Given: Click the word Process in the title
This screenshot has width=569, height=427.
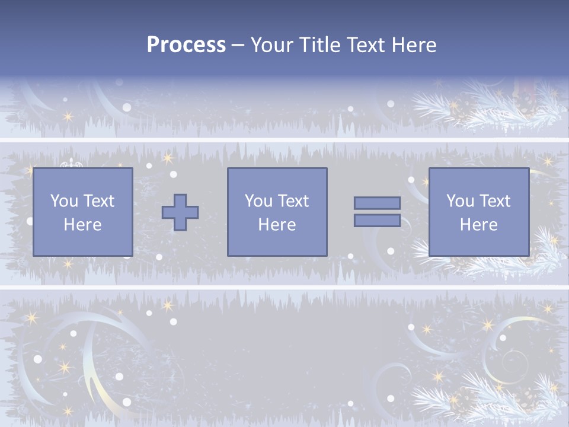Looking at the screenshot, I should pyautogui.click(x=186, y=44).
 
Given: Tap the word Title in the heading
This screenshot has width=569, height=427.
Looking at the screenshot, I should pyautogui.click(x=319, y=44).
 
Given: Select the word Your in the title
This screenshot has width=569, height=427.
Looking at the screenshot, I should pyautogui.click(x=272, y=44).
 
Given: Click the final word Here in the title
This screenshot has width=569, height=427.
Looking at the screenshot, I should pyautogui.click(x=414, y=44).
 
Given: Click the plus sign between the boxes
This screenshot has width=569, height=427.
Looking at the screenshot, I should pyautogui.click(x=180, y=212).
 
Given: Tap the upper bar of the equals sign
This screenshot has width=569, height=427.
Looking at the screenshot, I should pyautogui.click(x=377, y=203).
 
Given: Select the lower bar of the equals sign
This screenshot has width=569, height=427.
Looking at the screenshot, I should pyautogui.click(x=377, y=221).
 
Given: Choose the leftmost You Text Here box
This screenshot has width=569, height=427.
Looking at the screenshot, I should pyautogui.click(x=82, y=212).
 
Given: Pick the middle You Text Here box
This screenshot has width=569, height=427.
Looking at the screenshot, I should pyautogui.click(x=277, y=212).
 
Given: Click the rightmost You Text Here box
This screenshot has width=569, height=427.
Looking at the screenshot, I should pyautogui.click(x=478, y=212).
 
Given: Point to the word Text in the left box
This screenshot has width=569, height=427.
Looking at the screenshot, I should pyautogui.click(x=98, y=201).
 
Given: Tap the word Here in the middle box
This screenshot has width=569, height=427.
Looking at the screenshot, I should pyautogui.click(x=277, y=225).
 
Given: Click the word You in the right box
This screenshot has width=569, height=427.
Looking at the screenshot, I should pyautogui.click(x=460, y=201).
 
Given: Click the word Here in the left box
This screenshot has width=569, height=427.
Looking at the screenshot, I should pyautogui.click(x=82, y=225).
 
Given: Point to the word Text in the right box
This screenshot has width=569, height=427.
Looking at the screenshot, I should pyautogui.click(x=494, y=201).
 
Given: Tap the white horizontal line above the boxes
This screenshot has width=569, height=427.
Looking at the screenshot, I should pyautogui.click(x=284, y=140).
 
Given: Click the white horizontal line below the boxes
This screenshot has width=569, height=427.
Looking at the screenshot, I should pyautogui.click(x=284, y=288).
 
